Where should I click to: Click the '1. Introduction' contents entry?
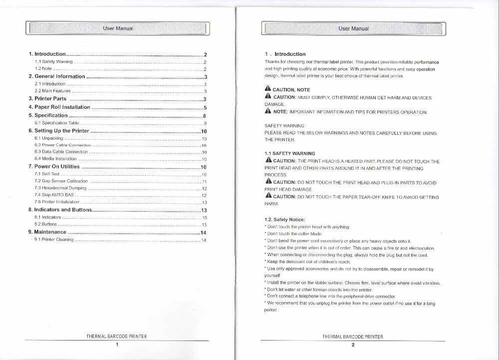point(47,54)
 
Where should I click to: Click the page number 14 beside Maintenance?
point(203,232)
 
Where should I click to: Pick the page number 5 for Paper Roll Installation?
point(205,107)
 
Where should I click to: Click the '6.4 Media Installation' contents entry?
point(55,159)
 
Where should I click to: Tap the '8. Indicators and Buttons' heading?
point(60,210)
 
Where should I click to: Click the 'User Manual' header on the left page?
point(118,28)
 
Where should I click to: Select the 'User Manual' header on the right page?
point(353,28)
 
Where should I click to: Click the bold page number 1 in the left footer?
point(117,344)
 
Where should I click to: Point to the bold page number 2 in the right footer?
point(353,344)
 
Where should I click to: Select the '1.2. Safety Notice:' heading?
point(284,219)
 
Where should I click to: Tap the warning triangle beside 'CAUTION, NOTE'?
point(268,89)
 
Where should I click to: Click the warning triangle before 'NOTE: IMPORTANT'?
point(268,111)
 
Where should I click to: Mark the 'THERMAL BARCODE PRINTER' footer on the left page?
point(116,337)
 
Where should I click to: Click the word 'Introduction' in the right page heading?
point(290,54)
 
